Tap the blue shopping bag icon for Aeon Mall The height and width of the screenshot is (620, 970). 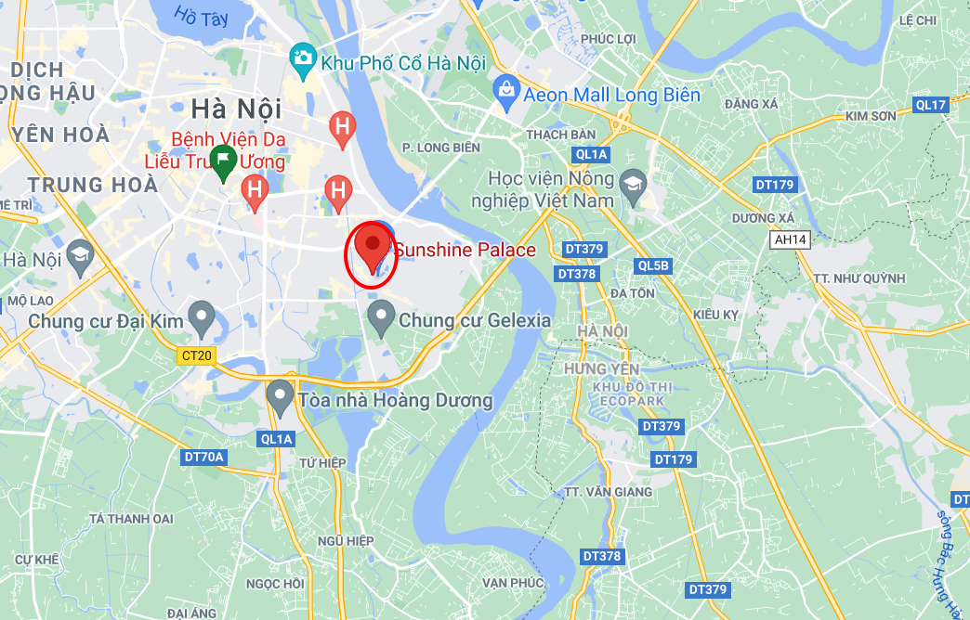pos(505,91)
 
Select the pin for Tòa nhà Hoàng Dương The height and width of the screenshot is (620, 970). pos(280,396)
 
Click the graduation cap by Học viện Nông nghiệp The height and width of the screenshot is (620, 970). pos(633,180)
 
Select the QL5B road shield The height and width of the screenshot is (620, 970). pos(653,265)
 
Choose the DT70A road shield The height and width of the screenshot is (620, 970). pos(203,456)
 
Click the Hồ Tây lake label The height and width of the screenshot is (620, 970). pos(200,17)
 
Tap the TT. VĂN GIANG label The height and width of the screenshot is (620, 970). pos(609,491)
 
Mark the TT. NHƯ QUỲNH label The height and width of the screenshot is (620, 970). pos(859,278)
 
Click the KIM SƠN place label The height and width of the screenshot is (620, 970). pos(870,116)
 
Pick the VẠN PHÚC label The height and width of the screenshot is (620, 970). pos(513,582)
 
